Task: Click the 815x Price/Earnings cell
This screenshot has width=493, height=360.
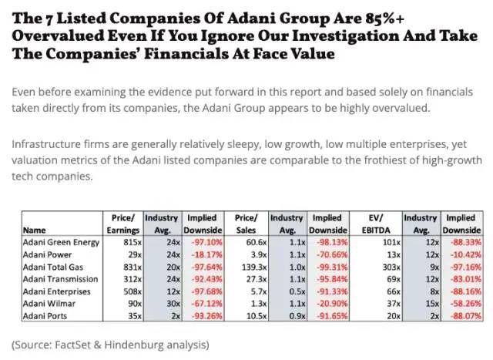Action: (x=127, y=241)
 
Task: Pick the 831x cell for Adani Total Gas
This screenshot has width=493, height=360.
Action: (x=127, y=266)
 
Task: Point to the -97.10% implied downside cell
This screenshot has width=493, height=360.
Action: (x=203, y=241)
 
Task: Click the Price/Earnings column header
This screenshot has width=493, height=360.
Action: (x=122, y=224)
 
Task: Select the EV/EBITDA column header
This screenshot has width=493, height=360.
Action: (x=383, y=224)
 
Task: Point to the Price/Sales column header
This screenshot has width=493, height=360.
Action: (x=248, y=224)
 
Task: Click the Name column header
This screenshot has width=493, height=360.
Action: (x=35, y=230)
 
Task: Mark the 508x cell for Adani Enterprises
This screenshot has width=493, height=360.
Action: (x=127, y=291)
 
